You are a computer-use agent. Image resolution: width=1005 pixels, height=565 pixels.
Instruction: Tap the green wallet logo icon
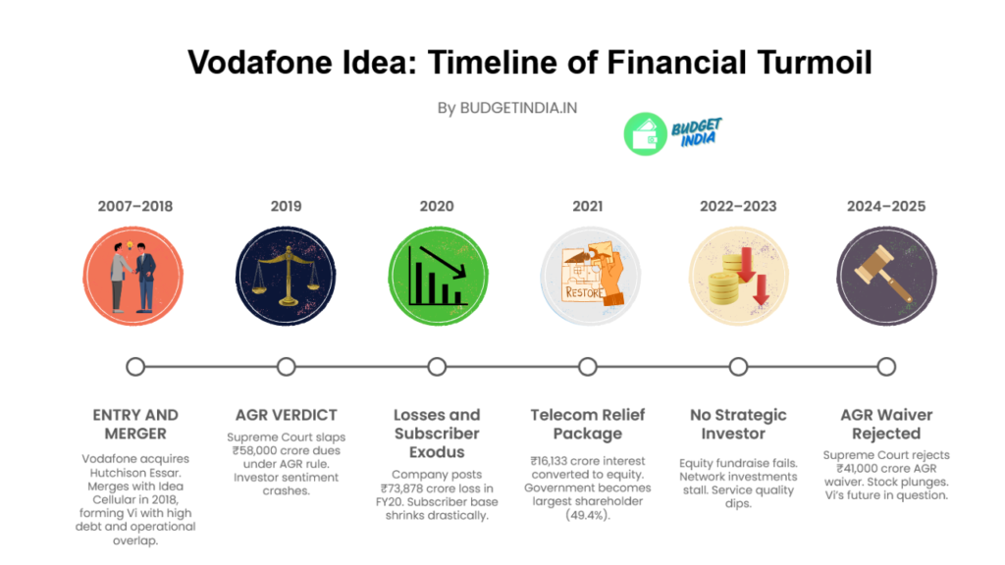point(646,133)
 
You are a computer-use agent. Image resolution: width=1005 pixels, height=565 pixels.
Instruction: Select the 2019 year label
point(286,206)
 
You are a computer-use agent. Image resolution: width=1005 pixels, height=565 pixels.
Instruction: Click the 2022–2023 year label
point(738,206)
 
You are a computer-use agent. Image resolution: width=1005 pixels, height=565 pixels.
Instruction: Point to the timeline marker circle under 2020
point(437,367)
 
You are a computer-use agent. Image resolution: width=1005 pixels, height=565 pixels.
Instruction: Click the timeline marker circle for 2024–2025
point(886,367)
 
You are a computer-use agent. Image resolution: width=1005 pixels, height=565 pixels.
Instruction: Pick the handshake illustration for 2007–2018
point(133,276)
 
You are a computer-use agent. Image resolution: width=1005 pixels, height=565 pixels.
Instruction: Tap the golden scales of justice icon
point(286,276)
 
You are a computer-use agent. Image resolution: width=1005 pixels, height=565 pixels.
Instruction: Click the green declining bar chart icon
point(439,276)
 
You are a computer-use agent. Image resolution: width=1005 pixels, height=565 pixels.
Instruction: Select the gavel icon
point(886,276)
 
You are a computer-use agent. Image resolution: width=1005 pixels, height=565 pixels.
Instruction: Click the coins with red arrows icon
point(738,276)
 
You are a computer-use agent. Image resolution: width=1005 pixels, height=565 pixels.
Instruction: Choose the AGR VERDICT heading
point(286,415)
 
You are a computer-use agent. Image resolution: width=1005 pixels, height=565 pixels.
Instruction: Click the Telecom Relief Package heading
point(588,424)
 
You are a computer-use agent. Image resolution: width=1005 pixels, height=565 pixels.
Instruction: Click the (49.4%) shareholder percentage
point(588,515)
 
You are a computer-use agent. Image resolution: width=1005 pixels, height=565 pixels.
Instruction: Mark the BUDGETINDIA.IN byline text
point(518,108)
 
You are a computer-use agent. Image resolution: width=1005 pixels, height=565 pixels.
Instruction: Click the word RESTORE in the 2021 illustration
point(584,292)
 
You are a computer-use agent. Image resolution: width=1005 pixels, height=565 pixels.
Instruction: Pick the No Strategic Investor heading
point(738,424)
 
